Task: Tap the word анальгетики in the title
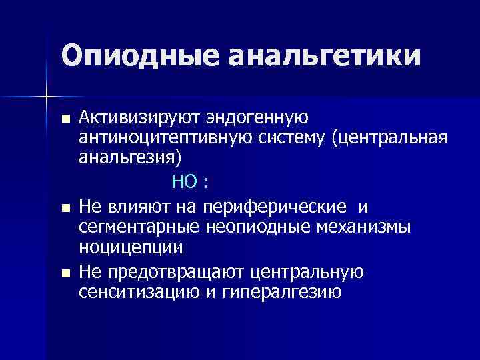325,56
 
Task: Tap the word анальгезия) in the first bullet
129,160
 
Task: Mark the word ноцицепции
131,247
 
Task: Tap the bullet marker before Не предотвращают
65,273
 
